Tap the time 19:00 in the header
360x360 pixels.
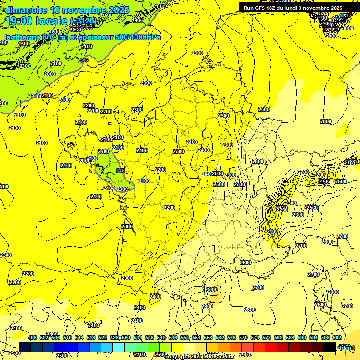coord(22,21)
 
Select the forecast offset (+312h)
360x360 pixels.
coord(83,21)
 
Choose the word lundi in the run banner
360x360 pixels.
coord(300,8)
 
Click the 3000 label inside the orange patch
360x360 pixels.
coord(212,290)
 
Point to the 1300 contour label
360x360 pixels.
coord(24,44)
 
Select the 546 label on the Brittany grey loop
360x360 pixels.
coord(120,171)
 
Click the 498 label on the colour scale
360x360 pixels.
coord(32,338)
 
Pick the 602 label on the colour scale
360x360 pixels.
coord(337,338)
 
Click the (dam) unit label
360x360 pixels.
coord(347,347)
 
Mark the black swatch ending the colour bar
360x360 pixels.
coord(330,347)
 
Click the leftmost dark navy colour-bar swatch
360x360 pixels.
coord(25,347)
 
